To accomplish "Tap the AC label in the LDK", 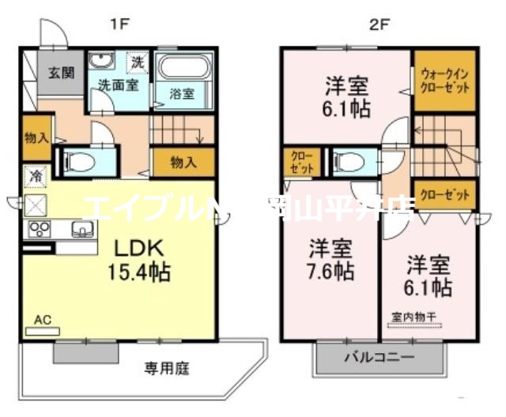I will click(43, 320).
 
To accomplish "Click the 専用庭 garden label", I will click(165, 367).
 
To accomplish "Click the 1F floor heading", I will click(119, 24).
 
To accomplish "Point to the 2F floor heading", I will click(379, 24).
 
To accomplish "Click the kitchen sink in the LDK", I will click(81, 230).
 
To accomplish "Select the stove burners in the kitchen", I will click(40, 230).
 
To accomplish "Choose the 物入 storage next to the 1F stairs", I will click(183, 163).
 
